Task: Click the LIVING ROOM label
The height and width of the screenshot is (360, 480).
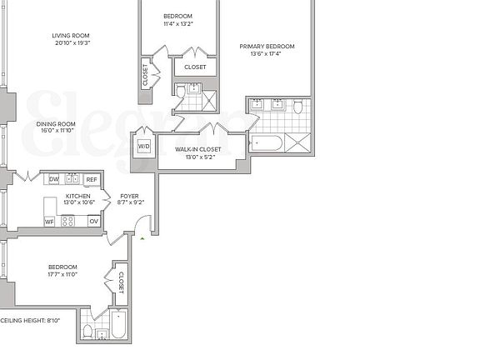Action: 70,36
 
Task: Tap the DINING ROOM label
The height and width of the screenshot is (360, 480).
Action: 55,124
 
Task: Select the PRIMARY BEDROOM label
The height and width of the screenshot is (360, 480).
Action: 267,47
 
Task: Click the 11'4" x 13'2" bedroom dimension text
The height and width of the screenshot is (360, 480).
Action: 177,24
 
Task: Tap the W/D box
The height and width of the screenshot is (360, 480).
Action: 143,147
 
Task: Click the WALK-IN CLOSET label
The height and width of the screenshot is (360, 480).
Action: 199,149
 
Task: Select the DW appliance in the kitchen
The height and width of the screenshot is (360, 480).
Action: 53,179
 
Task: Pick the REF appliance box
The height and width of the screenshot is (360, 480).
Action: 91,179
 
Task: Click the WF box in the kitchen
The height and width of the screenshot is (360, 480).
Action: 49,221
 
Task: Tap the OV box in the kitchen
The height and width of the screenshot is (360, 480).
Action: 93,221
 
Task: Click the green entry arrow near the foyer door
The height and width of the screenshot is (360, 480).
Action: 142,238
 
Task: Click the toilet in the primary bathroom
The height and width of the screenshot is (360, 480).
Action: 297,105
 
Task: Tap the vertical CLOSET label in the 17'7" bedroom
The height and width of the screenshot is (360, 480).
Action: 120,282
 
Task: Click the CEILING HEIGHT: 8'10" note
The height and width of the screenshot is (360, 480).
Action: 32,320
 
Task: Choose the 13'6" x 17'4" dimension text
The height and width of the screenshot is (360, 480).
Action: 267,54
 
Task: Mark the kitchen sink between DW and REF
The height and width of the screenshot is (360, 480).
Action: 72,178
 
